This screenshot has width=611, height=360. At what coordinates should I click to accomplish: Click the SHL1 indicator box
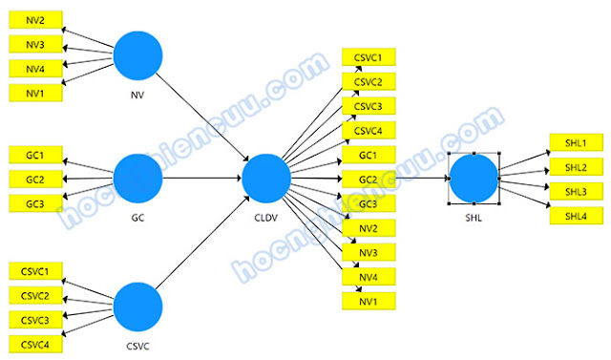(575, 143)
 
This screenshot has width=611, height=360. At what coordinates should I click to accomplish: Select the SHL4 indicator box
(575, 217)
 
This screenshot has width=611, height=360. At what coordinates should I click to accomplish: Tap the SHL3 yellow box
(575, 192)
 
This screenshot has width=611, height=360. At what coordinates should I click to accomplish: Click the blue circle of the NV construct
(138, 56)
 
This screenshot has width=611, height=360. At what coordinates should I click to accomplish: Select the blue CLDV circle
(265, 179)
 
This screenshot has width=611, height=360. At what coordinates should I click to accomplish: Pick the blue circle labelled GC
(138, 178)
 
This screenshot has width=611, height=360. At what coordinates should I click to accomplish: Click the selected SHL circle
(474, 179)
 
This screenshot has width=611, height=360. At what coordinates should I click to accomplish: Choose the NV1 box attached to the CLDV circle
(369, 302)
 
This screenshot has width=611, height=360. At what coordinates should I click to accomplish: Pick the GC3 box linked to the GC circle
(35, 202)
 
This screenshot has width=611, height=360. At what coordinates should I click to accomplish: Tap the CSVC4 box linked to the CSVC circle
(35, 343)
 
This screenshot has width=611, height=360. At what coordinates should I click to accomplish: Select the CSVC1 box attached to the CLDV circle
(369, 57)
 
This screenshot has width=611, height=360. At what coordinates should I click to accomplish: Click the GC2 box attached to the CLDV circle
(369, 180)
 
